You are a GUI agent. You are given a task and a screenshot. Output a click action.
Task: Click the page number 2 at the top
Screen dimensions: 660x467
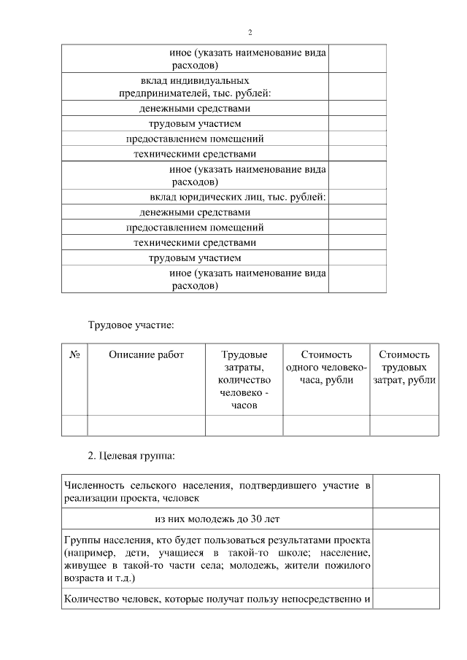[250, 33]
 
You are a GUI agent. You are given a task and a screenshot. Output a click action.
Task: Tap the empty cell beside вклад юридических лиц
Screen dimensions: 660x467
[357, 197]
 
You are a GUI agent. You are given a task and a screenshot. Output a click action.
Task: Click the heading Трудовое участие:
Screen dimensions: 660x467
[131, 323]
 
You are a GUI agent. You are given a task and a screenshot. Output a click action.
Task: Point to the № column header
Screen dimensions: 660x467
[74, 355]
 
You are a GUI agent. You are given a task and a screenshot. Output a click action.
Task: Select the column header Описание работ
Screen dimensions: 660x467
[146, 355]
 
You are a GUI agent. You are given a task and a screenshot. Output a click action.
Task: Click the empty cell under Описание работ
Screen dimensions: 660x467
[146, 425]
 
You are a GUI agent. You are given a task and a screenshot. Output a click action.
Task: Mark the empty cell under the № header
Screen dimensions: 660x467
[74, 425]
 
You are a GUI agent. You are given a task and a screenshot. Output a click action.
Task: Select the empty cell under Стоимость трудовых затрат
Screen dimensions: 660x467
[404, 425]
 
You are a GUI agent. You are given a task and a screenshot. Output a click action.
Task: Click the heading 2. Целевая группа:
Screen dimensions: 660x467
[131, 457]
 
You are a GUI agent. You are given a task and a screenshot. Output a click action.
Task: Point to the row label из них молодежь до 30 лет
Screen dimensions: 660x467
[217, 519]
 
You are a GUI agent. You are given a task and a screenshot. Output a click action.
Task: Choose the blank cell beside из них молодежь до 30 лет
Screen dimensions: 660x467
[406, 519]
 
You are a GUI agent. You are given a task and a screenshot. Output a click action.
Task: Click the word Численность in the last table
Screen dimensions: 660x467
[92, 485]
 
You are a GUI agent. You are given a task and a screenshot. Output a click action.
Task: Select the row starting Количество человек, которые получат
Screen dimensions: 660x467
[217, 599]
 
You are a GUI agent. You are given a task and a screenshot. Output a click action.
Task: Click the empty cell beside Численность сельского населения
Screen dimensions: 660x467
[406, 491]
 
